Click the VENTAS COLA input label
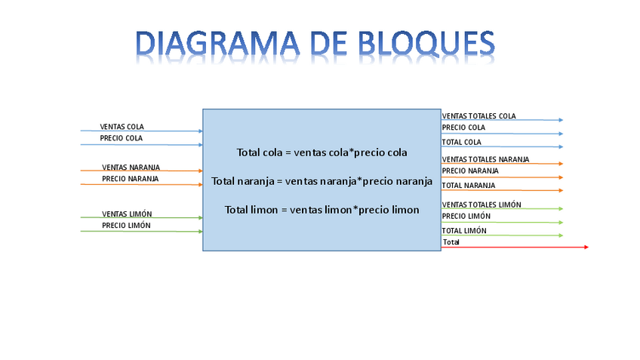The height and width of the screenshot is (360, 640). point(122,127)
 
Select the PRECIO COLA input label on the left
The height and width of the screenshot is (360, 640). point(121,139)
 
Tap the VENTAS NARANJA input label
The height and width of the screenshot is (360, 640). point(131,168)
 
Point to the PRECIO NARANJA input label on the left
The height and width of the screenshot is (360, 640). point(130,179)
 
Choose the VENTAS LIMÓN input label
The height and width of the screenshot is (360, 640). point(127,214)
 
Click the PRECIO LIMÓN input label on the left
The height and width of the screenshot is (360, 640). point(126,226)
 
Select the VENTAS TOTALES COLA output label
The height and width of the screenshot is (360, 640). point(478,116)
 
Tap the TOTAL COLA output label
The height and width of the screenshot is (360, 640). point(461,142)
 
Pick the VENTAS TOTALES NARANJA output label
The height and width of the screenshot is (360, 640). point(485,159)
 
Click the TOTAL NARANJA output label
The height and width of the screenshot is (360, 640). point(468,185)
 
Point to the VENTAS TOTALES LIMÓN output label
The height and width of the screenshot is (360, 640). point(481,205)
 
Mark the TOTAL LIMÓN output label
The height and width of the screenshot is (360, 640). point(463,231)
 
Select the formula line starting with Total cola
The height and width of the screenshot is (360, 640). point(322,152)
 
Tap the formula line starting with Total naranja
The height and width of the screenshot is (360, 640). point(322,181)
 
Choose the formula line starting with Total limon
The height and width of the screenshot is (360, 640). point(322,209)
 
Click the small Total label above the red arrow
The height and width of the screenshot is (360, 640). point(451,242)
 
